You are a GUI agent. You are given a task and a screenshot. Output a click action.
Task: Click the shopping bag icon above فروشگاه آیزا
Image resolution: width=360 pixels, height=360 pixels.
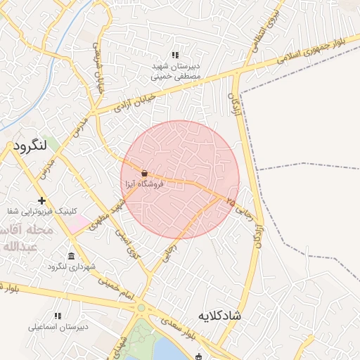click(144, 173)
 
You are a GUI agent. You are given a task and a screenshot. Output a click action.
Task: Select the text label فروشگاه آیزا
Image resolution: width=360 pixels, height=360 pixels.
click(143, 184)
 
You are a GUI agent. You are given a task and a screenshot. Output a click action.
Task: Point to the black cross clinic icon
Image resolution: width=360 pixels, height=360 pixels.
click(42, 200)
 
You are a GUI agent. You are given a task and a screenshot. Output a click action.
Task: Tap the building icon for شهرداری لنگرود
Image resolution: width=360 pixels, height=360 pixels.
click(71, 256)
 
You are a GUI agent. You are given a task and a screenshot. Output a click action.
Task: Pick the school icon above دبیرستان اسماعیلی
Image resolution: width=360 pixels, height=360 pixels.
click(57, 316)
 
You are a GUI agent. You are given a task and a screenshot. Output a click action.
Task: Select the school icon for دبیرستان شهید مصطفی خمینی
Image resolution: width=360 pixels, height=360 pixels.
click(175, 55)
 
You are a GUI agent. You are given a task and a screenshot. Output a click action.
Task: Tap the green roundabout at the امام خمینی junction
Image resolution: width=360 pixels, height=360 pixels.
click(141, 307)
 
